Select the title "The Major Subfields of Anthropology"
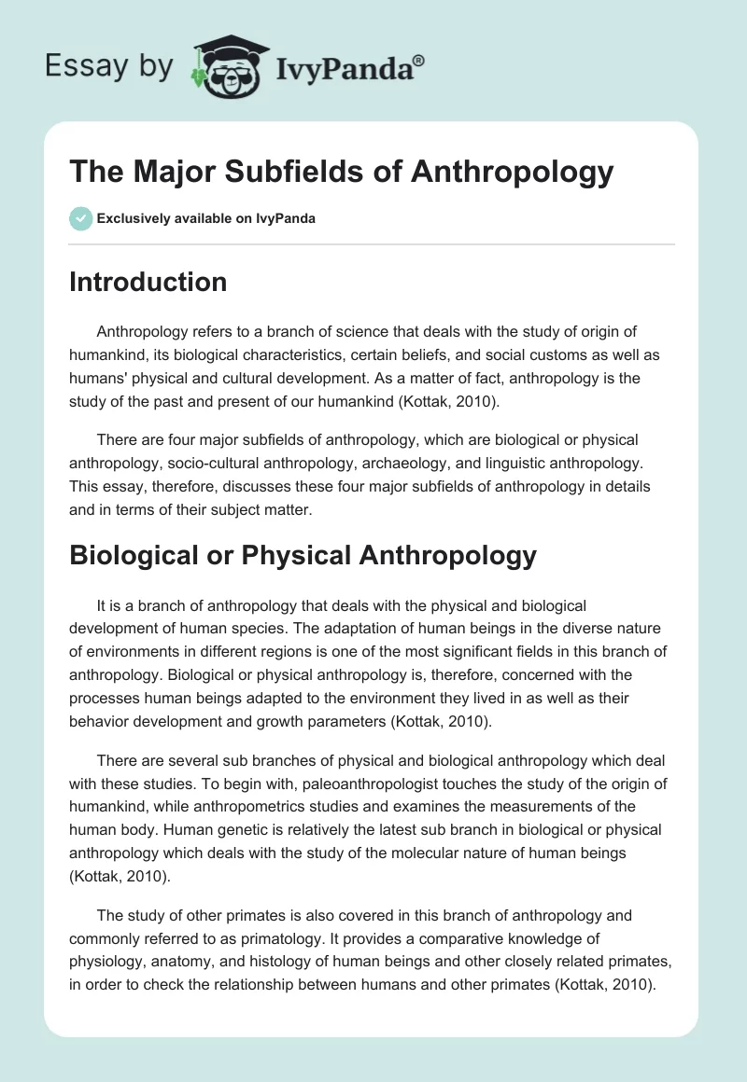[341, 173]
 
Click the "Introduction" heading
[148, 282]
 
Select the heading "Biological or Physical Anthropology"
[303, 555]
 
